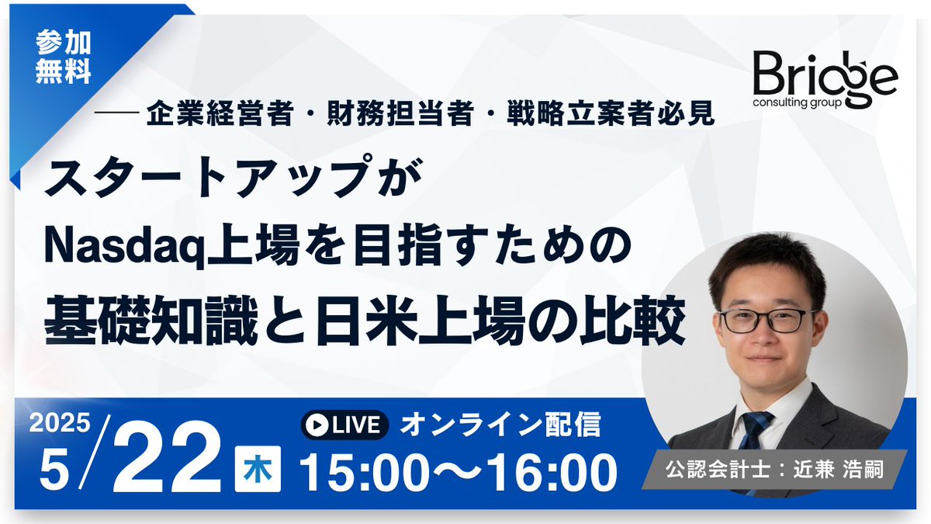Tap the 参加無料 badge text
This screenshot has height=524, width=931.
coord(63,59)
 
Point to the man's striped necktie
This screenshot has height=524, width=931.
coord(753,432)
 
